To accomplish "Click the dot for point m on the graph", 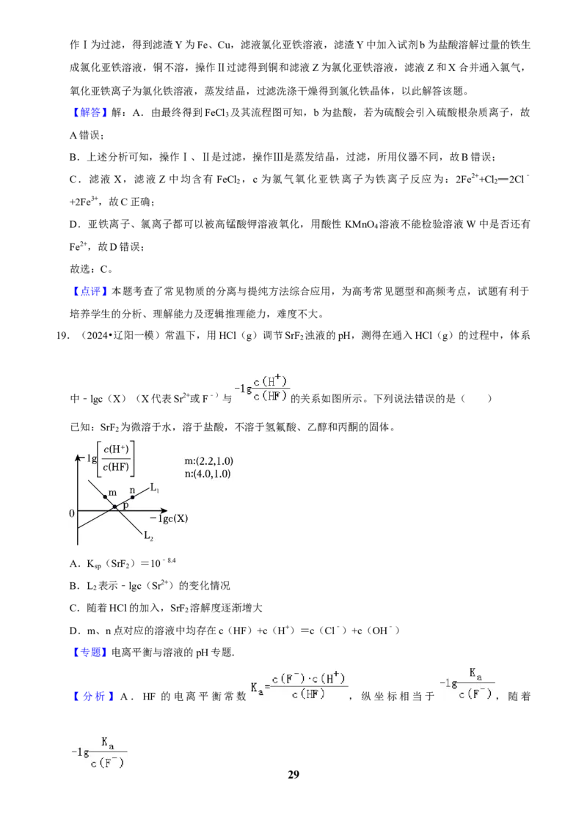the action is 105,497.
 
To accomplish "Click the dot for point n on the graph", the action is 133,497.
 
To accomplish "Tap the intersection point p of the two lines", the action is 115,507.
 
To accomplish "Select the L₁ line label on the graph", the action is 155,487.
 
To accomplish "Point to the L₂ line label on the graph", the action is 148,536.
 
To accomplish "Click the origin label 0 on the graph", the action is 72,513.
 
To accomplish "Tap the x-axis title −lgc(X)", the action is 169,518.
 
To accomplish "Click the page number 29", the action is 293,774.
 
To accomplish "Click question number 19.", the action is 62,336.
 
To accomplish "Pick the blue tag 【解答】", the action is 89,112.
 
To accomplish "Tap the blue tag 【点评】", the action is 89,291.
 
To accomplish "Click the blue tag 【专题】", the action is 89,652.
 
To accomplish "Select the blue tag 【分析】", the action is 93,696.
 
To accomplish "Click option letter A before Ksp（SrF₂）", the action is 73,564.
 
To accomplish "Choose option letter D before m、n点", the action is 73,631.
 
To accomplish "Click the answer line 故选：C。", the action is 91,269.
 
